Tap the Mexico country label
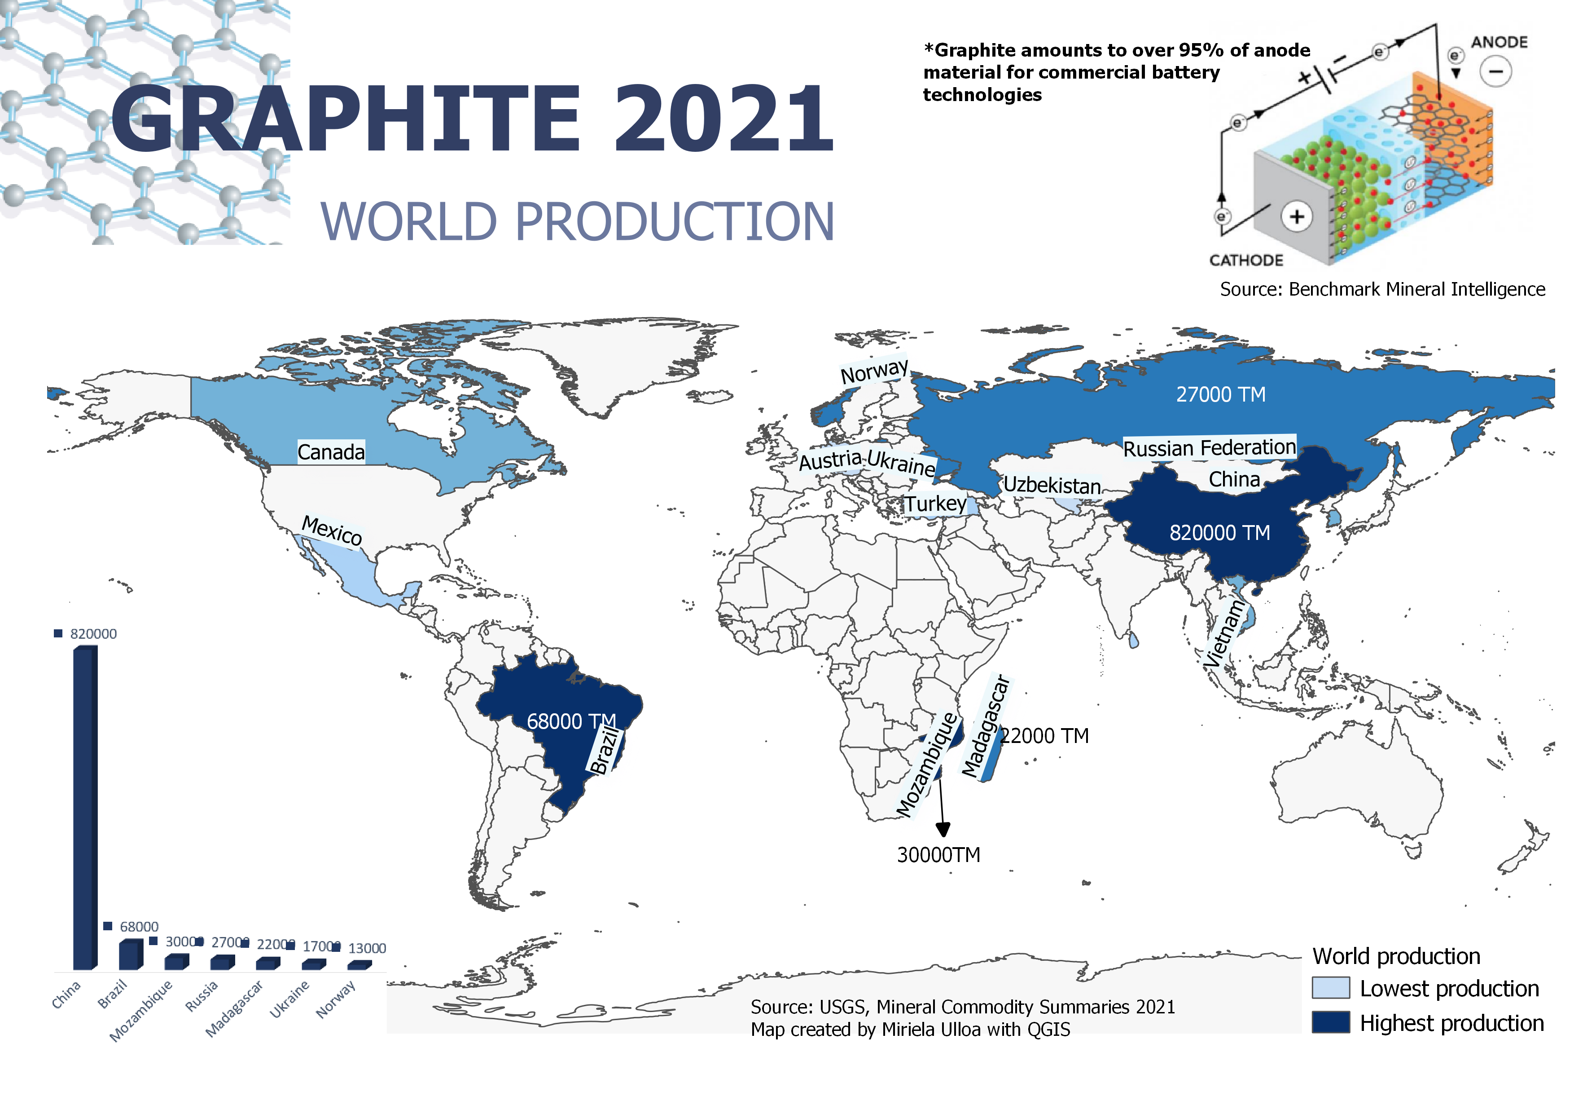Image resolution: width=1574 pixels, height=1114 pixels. click(x=332, y=531)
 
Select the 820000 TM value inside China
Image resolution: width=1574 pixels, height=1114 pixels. click(x=1219, y=533)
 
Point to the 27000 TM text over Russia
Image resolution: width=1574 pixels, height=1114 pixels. click(x=1220, y=394)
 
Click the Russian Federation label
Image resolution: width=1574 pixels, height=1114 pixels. click(x=1209, y=448)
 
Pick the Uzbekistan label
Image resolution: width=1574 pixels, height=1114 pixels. click(x=1052, y=485)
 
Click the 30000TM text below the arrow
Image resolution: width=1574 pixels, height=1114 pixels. click(x=938, y=855)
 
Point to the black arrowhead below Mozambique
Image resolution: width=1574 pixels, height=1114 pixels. click(x=943, y=829)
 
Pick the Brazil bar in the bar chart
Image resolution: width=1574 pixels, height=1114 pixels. click(x=130, y=955)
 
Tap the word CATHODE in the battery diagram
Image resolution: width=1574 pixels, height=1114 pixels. click(x=1245, y=261)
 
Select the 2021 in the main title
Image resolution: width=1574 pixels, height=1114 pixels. click(x=723, y=118)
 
